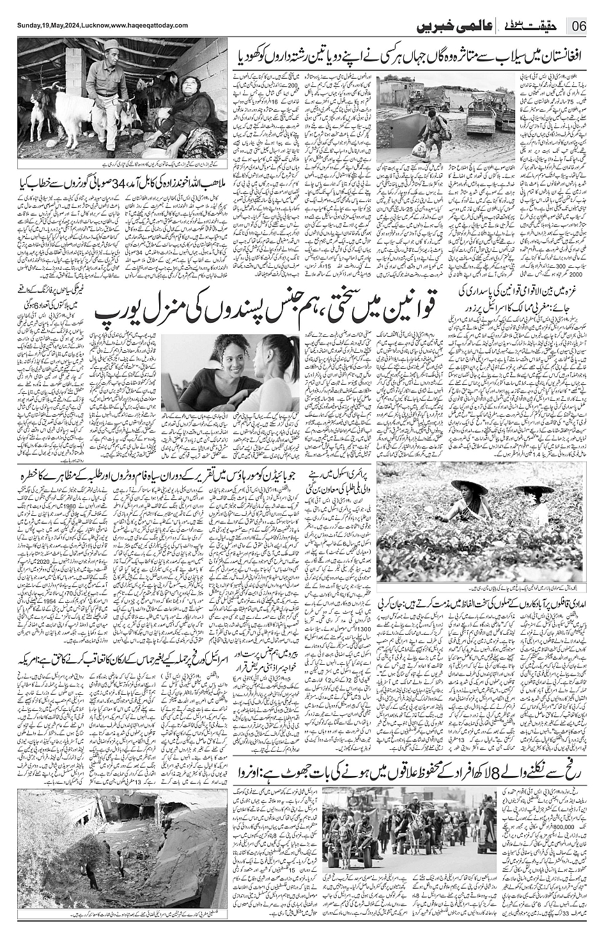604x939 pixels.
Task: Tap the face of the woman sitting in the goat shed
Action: tap(189, 86)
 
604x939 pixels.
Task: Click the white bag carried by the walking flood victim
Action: tap(419, 150)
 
